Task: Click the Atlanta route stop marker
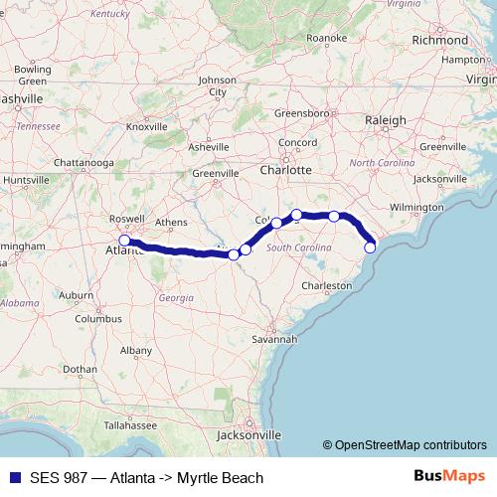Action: click(124, 241)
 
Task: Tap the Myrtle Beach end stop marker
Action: click(370, 248)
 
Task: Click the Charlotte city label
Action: click(287, 169)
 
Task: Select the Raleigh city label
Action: click(385, 120)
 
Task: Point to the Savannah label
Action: click(274, 339)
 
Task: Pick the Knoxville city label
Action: click(146, 127)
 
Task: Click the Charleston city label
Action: click(327, 286)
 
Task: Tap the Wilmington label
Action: click(416, 208)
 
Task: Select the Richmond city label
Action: click(439, 41)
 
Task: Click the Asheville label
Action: click(209, 147)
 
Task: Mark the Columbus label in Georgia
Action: click(98, 320)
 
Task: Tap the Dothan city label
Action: click(81, 369)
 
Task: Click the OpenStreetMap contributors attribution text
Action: click(404, 445)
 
